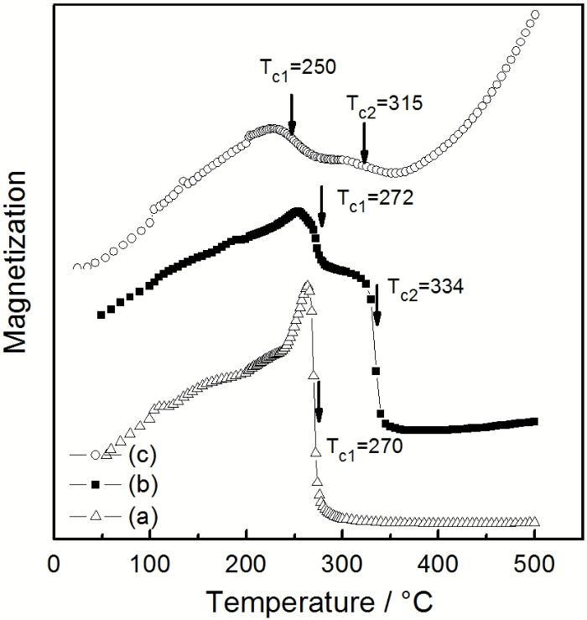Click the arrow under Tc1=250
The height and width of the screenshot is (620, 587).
click(292, 114)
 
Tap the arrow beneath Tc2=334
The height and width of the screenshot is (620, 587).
click(377, 306)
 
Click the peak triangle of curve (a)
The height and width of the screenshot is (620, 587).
click(307, 286)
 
